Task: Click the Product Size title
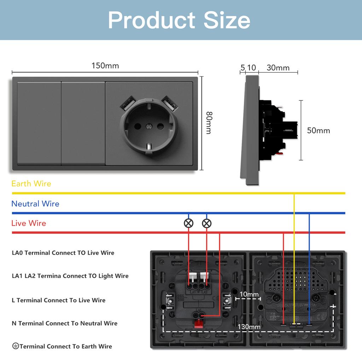click(x=179, y=20)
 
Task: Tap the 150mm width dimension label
click(x=105, y=66)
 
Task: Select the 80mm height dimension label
click(x=209, y=123)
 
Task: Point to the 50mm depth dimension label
click(x=318, y=130)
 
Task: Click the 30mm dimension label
click(x=278, y=68)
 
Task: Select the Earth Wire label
click(x=31, y=183)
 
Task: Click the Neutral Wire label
click(x=35, y=204)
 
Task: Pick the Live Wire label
click(x=29, y=223)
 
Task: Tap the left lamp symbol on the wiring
click(x=189, y=223)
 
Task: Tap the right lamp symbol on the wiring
click(x=207, y=223)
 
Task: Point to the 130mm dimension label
click(x=249, y=327)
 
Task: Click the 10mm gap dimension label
click(x=249, y=294)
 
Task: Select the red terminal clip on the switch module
click(x=198, y=323)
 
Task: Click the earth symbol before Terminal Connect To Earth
click(x=15, y=346)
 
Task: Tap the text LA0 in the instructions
click(x=18, y=253)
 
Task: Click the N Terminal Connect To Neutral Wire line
click(x=64, y=323)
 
